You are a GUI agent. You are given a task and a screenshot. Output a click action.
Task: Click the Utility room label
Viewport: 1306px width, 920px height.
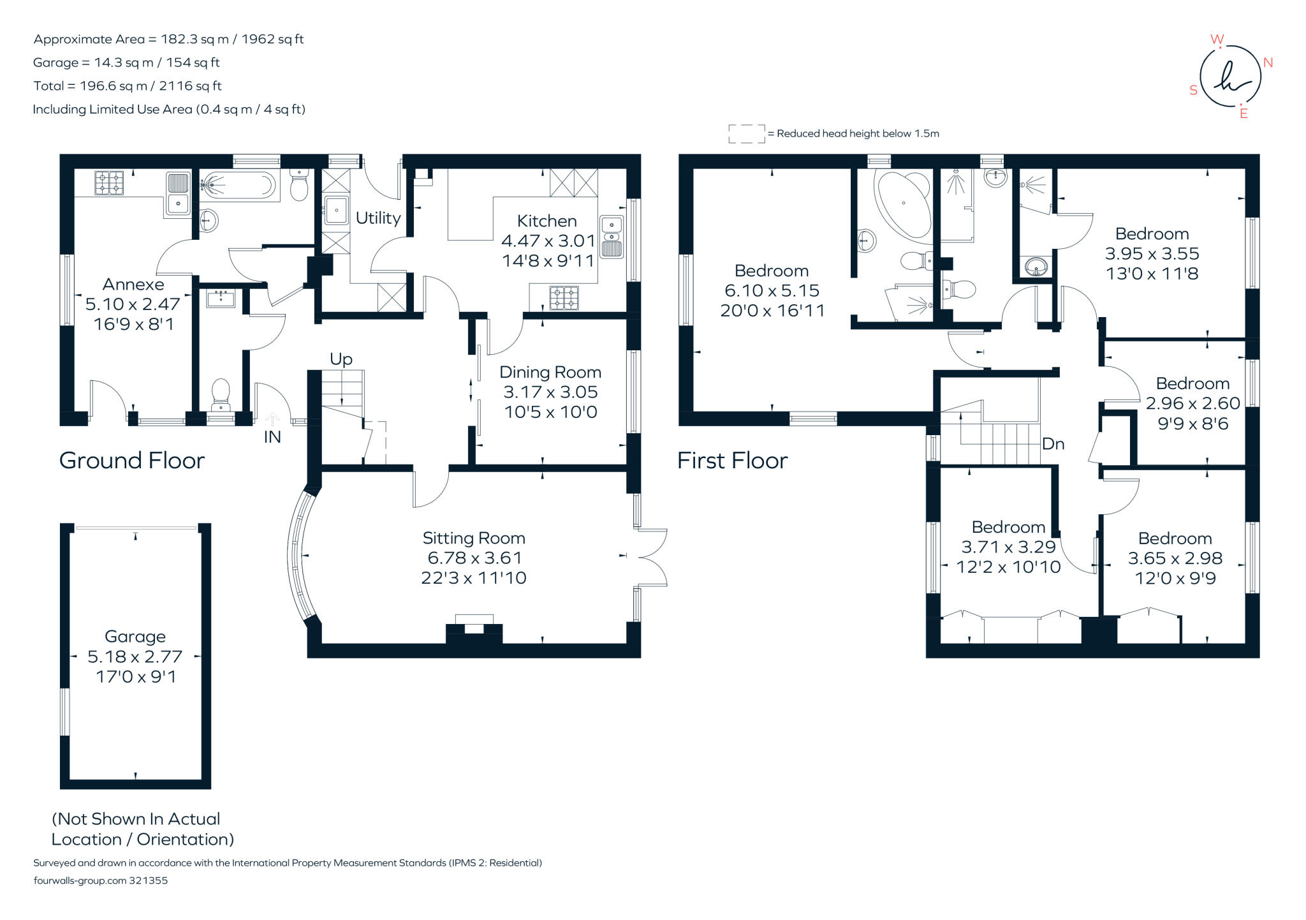(x=378, y=218)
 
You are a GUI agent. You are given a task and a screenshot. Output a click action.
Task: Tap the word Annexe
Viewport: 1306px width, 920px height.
(x=133, y=285)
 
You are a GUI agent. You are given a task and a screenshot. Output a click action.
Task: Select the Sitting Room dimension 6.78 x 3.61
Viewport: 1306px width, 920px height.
(x=474, y=558)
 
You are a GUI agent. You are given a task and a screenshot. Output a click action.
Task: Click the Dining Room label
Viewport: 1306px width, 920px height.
(x=550, y=373)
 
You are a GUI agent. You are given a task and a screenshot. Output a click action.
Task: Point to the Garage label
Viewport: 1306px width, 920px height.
(x=135, y=637)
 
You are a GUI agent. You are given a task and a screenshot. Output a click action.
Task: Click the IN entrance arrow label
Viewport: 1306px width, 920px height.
(x=272, y=436)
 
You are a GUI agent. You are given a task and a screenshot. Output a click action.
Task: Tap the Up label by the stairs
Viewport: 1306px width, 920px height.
(x=341, y=359)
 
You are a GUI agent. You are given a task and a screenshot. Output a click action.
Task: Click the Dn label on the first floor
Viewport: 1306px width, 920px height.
(x=1053, y=444)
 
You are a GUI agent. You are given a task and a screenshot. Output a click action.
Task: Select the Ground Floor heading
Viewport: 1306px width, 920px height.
(x=132, y=461)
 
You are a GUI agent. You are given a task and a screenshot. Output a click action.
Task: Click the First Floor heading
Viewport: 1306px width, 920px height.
(x=732, y=461)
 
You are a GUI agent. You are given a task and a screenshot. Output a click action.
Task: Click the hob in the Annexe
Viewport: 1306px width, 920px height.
(x=109, y=183)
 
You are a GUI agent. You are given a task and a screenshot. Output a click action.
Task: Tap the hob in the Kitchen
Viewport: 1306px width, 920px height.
(x=564, y=298)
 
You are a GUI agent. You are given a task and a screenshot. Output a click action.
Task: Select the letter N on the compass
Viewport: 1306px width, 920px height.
(x=1268, y=63)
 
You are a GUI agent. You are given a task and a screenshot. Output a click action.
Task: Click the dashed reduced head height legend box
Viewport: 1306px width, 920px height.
(x=747, y=134)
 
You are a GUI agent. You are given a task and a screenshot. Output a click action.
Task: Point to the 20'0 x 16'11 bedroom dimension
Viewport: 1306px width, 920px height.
(x=772, y=311)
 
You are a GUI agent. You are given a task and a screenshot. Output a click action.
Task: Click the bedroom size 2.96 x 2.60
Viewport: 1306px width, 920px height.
(x=1192, y=403)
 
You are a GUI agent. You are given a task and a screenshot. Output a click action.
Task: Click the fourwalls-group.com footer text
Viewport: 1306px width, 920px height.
(x=100, y=880)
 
